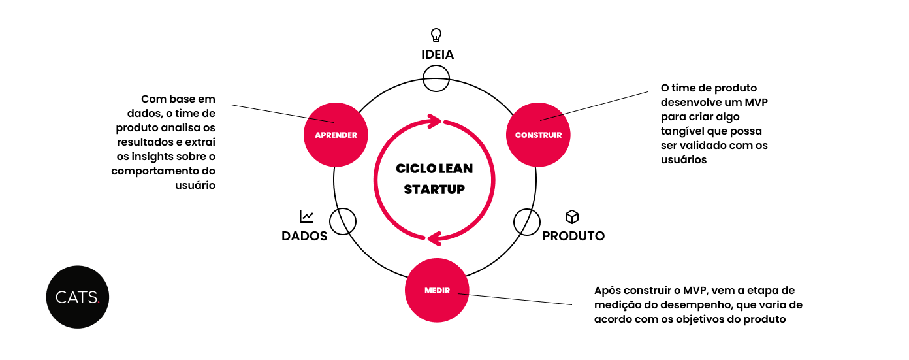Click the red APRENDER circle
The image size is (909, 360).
(336, 135)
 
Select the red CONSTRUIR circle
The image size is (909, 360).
(539, 135)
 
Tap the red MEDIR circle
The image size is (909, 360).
(437, 291)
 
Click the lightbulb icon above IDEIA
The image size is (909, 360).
(436, 35)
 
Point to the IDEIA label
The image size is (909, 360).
(437, 54)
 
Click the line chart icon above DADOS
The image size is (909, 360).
(306, 216)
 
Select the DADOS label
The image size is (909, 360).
(304, 236)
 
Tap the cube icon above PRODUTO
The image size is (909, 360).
(572, 216)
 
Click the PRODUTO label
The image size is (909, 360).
(573, 236)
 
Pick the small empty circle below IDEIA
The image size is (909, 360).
(436, 78)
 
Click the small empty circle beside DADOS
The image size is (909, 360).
(343, 221)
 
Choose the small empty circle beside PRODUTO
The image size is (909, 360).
(527, 221)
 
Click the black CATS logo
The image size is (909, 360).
(77, 297)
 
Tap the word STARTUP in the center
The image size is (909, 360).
(434, 189)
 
